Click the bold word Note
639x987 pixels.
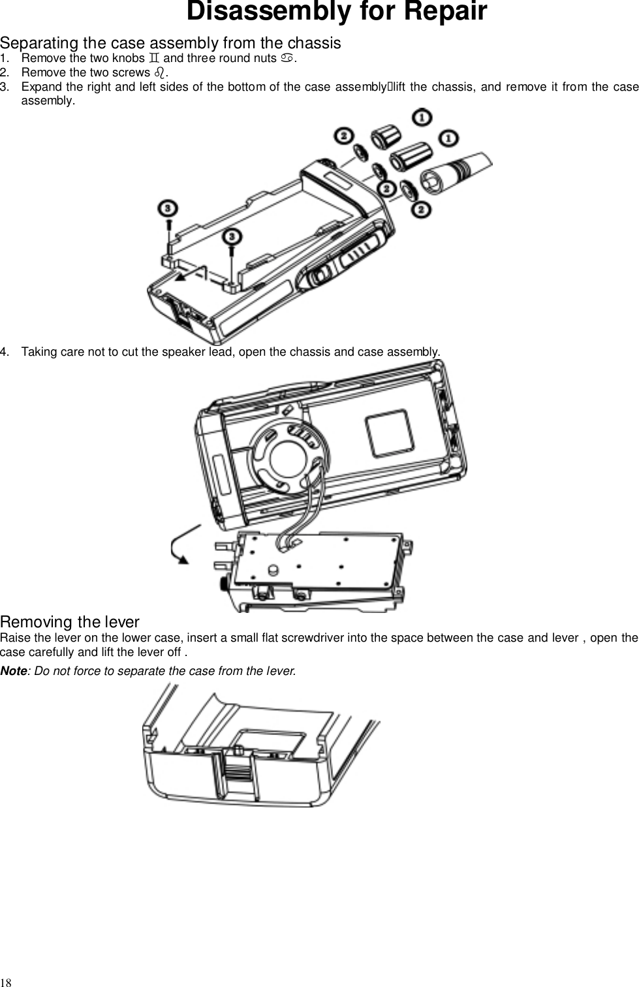13,671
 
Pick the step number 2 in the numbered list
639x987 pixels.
5,72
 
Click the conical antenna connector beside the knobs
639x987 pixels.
458,172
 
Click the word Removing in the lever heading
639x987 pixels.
37,622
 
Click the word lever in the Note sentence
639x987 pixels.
280,671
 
